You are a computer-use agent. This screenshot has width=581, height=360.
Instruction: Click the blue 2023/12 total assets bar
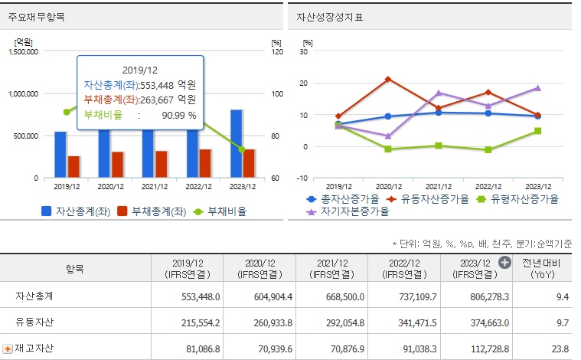click(237, 144)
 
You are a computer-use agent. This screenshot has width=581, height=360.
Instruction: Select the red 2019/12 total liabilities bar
click(73, 167)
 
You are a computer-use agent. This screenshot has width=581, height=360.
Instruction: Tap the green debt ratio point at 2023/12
click(242, 149)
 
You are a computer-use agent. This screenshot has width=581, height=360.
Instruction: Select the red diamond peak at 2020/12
click(388, 80)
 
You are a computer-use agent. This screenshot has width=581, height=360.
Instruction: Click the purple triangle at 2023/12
click(538, 88)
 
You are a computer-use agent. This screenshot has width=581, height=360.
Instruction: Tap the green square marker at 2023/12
click(538, 131)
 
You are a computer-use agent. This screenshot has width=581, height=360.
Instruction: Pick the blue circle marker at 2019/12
click(338, 124)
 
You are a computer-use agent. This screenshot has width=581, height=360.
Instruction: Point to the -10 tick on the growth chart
click(303, 178)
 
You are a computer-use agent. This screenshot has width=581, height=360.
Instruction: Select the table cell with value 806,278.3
click(474, 296)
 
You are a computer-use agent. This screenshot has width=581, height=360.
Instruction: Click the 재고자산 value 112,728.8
click(474, 348)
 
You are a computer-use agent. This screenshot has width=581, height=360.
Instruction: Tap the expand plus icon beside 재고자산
click(8, 349)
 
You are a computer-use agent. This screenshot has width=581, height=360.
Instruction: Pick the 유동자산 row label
click(34, 322)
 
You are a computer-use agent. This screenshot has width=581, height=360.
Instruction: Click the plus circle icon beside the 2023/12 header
click(504, 263)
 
